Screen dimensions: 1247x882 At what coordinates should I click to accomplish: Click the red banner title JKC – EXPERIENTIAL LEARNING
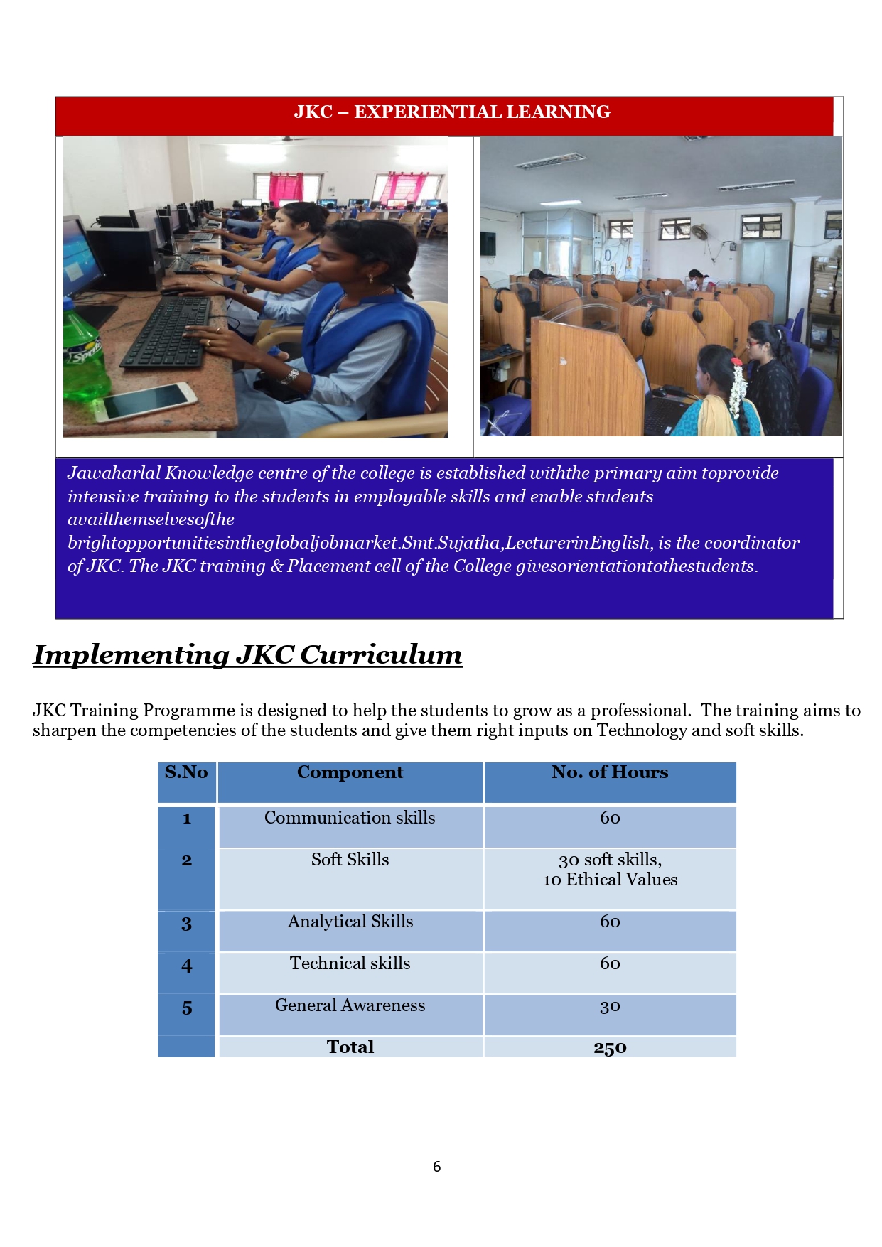tap(452, 112)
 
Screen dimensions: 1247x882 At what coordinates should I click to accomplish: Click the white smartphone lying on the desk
tap(146, 401)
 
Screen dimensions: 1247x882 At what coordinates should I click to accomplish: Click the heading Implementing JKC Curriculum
tap(247, 654)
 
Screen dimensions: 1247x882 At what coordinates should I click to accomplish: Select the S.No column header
tap(186, 772)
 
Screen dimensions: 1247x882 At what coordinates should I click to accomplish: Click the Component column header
tap(350, 772)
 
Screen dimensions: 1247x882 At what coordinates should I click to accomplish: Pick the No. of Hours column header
tap(610, 772)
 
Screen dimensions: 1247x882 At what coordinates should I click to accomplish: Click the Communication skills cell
tap(350, 818)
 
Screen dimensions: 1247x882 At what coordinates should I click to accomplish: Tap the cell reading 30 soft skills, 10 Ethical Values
tap(610, 870)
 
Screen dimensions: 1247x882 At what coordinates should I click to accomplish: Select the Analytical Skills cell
tap(350, 922)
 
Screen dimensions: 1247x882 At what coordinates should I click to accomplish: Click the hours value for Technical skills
tap(610, 963)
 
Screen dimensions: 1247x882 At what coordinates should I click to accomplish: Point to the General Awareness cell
tap(350, 1005)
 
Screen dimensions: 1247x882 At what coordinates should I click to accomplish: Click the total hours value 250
tap(610, 1047)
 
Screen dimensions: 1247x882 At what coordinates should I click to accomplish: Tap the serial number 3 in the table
tap(186, 924)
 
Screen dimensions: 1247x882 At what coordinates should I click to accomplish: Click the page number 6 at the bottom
tap(436, 1166)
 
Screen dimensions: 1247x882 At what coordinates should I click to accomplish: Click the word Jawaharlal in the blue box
tap(114, 473)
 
